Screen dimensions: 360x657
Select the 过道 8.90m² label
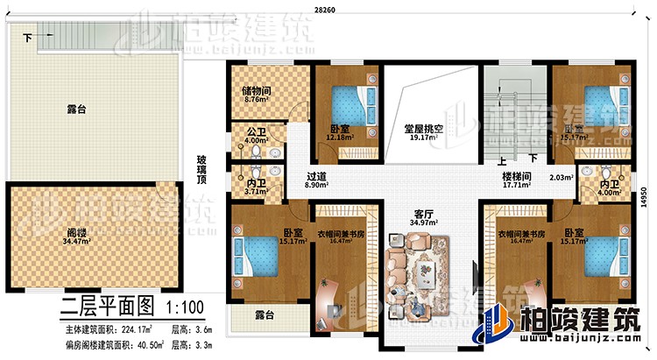coord(317,180)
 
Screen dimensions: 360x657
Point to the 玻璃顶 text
coord(201,170)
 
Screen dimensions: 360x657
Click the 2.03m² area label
coord(561,178)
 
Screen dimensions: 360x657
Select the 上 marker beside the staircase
coord(502,161)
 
